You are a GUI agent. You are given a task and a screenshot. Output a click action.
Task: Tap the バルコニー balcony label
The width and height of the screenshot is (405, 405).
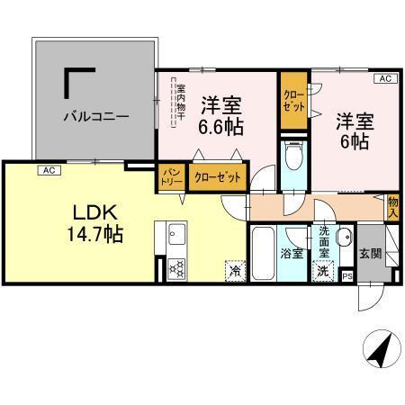click(x=95, y=116)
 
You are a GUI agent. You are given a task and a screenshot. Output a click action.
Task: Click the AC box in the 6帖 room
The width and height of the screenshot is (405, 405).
click(x=383, y=80)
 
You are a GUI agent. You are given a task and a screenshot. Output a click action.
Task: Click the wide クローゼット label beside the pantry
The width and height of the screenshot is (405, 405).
click(x=217, y=177)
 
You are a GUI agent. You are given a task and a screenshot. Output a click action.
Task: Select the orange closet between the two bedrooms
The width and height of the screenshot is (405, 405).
click(x=292, y=100)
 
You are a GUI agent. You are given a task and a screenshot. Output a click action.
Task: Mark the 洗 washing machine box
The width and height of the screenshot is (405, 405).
click(x=321, y=270)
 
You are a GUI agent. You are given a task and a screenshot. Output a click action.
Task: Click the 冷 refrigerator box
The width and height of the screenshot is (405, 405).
click(x=234, y=268)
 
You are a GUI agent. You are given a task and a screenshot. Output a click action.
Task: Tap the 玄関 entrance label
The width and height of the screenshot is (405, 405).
click(x=369, y=255)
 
